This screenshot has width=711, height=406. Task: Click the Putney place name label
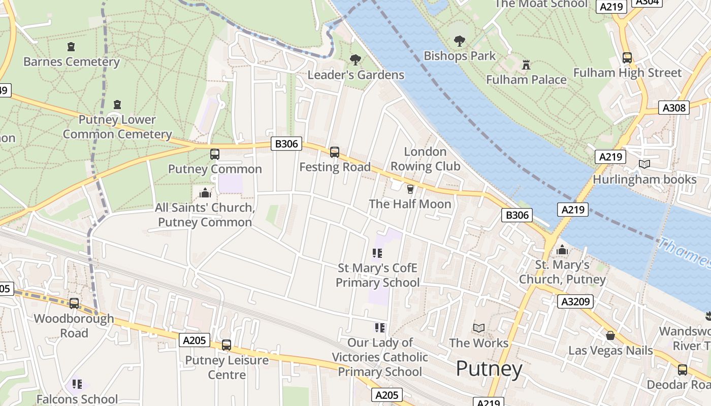(489, 369)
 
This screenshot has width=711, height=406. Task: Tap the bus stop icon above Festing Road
(334, 152)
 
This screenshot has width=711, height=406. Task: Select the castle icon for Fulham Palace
(526, 64)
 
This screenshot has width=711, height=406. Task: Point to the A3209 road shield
(575, 302)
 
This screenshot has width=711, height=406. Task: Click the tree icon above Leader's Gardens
(355, 60)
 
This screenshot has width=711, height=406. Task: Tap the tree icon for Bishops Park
(459, 41)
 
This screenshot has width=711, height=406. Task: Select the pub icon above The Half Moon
(410, 189)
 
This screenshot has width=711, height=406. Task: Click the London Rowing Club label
(425, 159)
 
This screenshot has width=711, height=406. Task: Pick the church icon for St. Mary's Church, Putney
(562, 250)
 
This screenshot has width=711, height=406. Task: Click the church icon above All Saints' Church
(205, 193)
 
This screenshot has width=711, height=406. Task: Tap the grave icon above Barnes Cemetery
(71, 47)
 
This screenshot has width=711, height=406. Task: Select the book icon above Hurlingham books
(644, 164)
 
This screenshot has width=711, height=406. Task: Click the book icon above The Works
(478, 328)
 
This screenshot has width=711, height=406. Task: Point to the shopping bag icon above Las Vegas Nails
(610, 335)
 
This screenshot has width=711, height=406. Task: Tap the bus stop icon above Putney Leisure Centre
(227, 345)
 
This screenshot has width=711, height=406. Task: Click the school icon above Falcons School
(77, 384)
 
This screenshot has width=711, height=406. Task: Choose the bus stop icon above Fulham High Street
(627, 58)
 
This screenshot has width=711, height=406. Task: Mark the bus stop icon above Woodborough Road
(74, 303)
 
